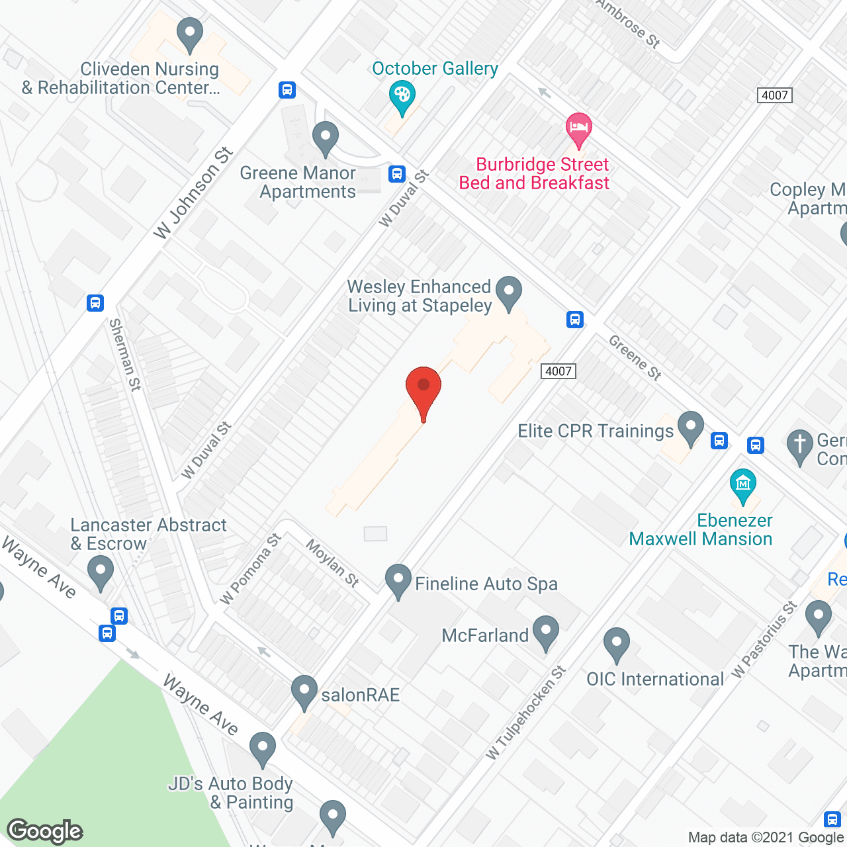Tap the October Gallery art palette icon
[x=402, y=97]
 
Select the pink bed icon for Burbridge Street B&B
[x=579, y=128]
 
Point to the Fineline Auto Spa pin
[x=398, y=580]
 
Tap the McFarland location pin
[x=545, y=632]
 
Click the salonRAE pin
[x=304, y=691]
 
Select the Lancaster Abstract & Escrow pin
[x=101, y=572]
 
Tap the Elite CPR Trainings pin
[x=691, y=427]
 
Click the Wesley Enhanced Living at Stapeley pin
[x=509, y=292]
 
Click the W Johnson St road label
[x=193, y=193]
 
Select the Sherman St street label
[x=125, y=355]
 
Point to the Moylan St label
[x=333, y=562]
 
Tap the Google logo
[x=45, y=831]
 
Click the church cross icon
[x=800, y=445]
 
